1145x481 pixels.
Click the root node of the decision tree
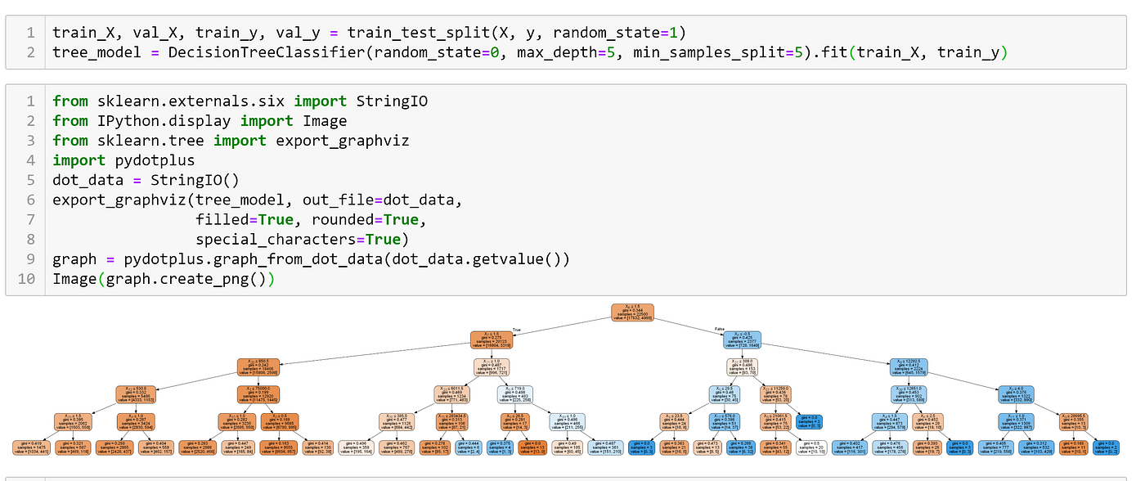click(633, 311)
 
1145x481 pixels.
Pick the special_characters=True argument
click(302, 239)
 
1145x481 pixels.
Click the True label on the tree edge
click(516, 330)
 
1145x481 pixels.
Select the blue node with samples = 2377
click(742, 339)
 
